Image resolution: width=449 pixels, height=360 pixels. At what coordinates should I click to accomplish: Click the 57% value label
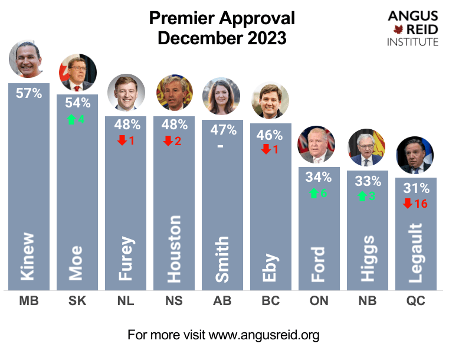coord(29,93)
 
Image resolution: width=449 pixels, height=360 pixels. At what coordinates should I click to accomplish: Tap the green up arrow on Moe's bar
coord(71,119)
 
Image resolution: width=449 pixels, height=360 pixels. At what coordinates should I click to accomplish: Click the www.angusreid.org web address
coord(264,336)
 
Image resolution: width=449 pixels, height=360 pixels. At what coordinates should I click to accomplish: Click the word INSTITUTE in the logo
coord(412,42)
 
